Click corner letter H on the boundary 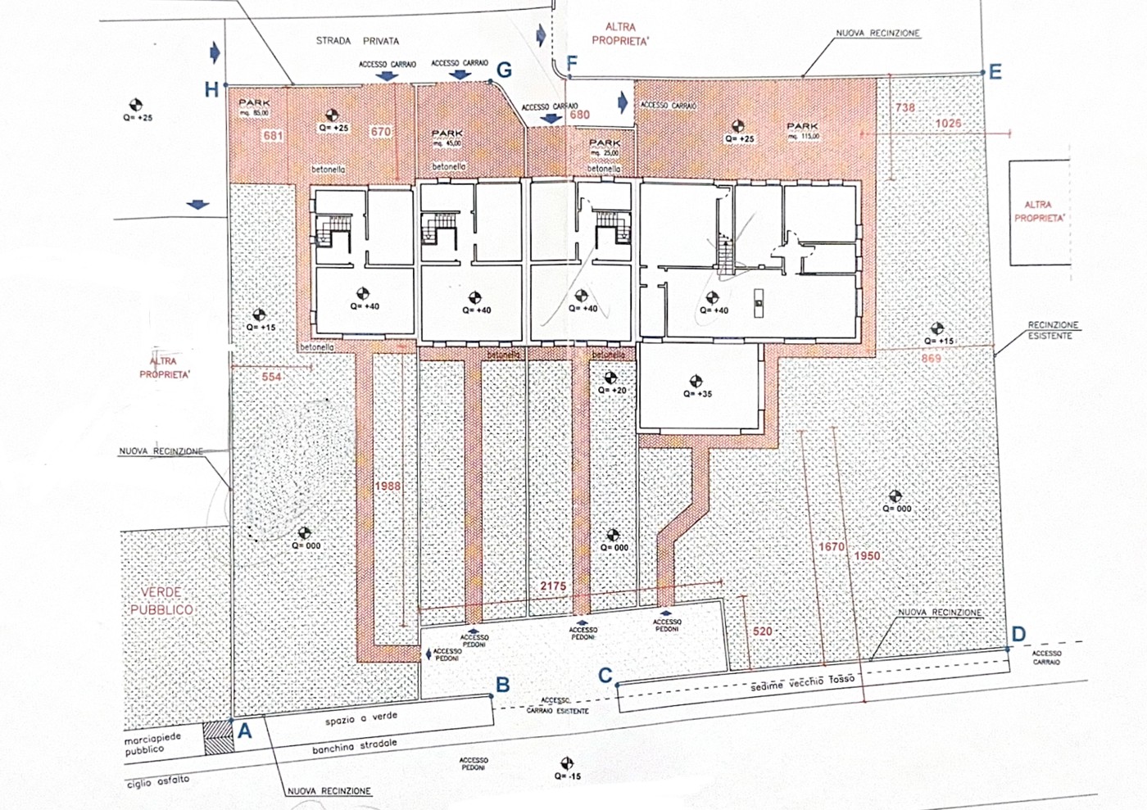211,90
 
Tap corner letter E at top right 995,72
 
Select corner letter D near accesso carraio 1018,635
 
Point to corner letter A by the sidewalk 244,732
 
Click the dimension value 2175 553,586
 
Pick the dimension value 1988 388,486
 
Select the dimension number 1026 948,124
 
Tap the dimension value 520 762,631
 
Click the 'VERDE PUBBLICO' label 161,601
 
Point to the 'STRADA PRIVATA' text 357,41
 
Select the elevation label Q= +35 697,394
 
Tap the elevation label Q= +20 612,391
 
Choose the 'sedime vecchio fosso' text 802,683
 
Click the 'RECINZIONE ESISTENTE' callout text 1053,330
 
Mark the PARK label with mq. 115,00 802,130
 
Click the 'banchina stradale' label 354,746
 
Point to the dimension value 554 271,377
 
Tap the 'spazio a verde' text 361,718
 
